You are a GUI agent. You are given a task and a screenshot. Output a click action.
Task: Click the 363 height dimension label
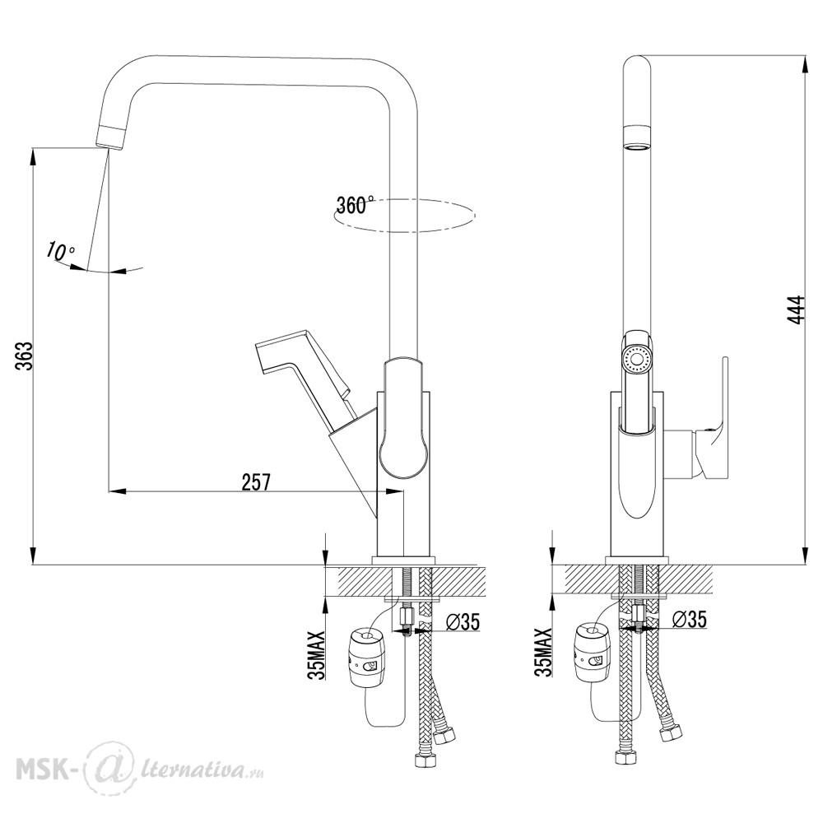(x=24, y=356)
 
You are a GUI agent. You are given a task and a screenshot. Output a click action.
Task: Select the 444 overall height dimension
(x=797, y=310)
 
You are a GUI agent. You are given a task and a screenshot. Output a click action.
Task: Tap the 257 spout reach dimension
(x=256, y=481)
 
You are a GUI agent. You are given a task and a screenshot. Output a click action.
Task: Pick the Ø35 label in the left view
(x=463, y=621)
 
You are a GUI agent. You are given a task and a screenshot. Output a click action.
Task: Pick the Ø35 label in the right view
(x=689, y=620)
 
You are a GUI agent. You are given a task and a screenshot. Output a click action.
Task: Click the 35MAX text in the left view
(x=317, y=654)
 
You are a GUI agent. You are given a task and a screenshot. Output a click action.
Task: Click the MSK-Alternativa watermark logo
(x=140, y=771)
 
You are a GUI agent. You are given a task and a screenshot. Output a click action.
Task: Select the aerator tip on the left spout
(x=112, y=137)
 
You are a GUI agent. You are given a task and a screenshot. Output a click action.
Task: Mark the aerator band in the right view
(x=637, y=138)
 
